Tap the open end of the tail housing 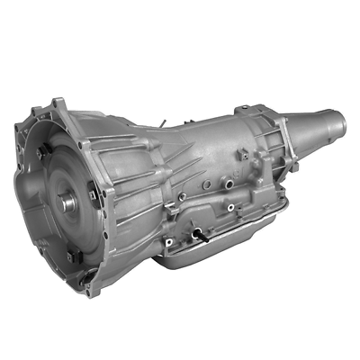[x=343, y=124]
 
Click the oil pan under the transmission [x=225, y=256]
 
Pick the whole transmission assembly [x=180, y=189]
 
